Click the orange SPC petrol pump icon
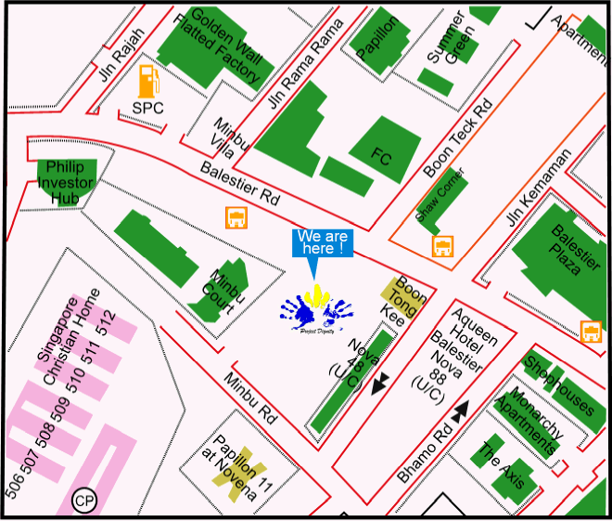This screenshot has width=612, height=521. point(147,81)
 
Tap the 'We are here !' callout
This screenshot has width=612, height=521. point(324,243)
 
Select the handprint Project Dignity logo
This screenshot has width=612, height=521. point(318,311)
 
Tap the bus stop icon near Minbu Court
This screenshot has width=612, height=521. point(236,218)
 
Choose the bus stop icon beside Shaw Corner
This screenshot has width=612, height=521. point(443,246)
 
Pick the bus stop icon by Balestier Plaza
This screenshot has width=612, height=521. point(589,330)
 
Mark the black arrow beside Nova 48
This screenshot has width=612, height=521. point(379,384)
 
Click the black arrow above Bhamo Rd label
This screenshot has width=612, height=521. point(461,410)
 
